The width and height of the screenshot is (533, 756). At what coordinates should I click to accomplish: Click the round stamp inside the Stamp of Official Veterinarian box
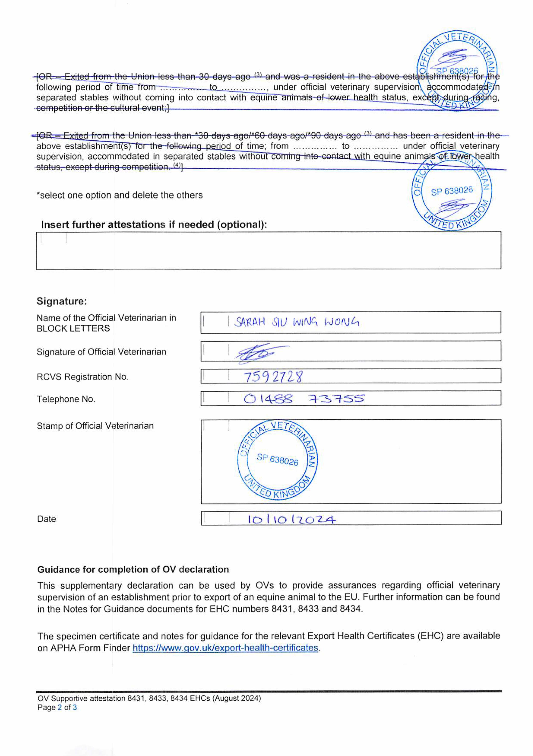pyautogui.click(x=277, y=460)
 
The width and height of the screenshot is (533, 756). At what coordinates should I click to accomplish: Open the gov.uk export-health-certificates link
pyautogui.click(x=225, y=648)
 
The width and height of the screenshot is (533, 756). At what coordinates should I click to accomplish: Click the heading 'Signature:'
pyautogui.click(x=61, y=301)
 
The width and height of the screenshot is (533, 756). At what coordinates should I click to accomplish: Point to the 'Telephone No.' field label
pyautogui.click(x=66, y=399)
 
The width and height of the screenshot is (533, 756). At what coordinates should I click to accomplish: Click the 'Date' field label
pyautogui.click(x=46, y=519)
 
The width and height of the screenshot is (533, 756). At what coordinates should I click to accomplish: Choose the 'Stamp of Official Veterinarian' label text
pyautogui.click(x=95, y=426)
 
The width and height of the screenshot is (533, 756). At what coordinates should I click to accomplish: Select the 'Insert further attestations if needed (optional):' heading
pyautogui.click(x=154, y=225)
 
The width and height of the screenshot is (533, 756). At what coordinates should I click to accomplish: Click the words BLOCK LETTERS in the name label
pyautogui.click(x=73, y=328)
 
